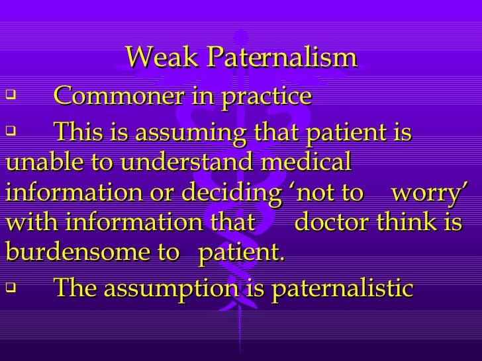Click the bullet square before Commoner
(10, 97)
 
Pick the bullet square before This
(10, 132)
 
